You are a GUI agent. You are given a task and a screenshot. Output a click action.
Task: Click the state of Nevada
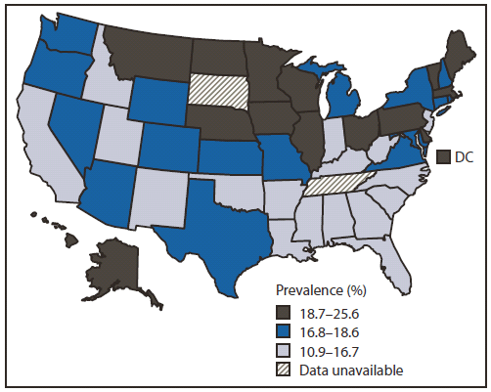click(x=75, y=127)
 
